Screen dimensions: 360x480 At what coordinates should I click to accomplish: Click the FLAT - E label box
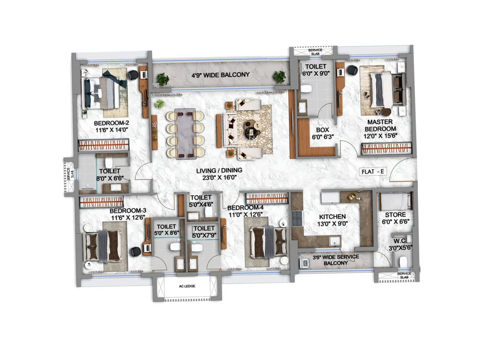coord(373,172)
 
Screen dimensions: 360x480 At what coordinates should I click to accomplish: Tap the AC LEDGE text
coord(187,286)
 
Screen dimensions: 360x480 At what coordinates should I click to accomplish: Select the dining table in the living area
coord(185,134)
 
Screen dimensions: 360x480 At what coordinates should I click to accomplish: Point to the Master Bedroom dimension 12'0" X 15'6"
coord(380,136)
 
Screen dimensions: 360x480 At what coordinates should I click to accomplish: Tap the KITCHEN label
coord(332,217)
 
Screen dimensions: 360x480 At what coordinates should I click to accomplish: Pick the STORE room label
coord(395,215)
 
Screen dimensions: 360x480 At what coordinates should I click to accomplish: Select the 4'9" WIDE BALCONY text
coord(220,75)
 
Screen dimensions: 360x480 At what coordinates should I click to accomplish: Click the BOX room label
coord(322,130)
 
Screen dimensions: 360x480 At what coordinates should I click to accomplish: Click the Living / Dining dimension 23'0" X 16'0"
coord(219,178)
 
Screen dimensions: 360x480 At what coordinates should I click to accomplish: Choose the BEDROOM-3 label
coord(128,211)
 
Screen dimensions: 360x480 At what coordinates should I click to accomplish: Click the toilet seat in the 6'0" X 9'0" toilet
coord(306,89)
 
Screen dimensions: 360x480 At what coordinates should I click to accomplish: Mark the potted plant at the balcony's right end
coord(279,77)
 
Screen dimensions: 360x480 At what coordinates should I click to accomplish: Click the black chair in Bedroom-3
coord(135,251)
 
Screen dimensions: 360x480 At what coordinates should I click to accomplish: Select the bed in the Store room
coord(395,201)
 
